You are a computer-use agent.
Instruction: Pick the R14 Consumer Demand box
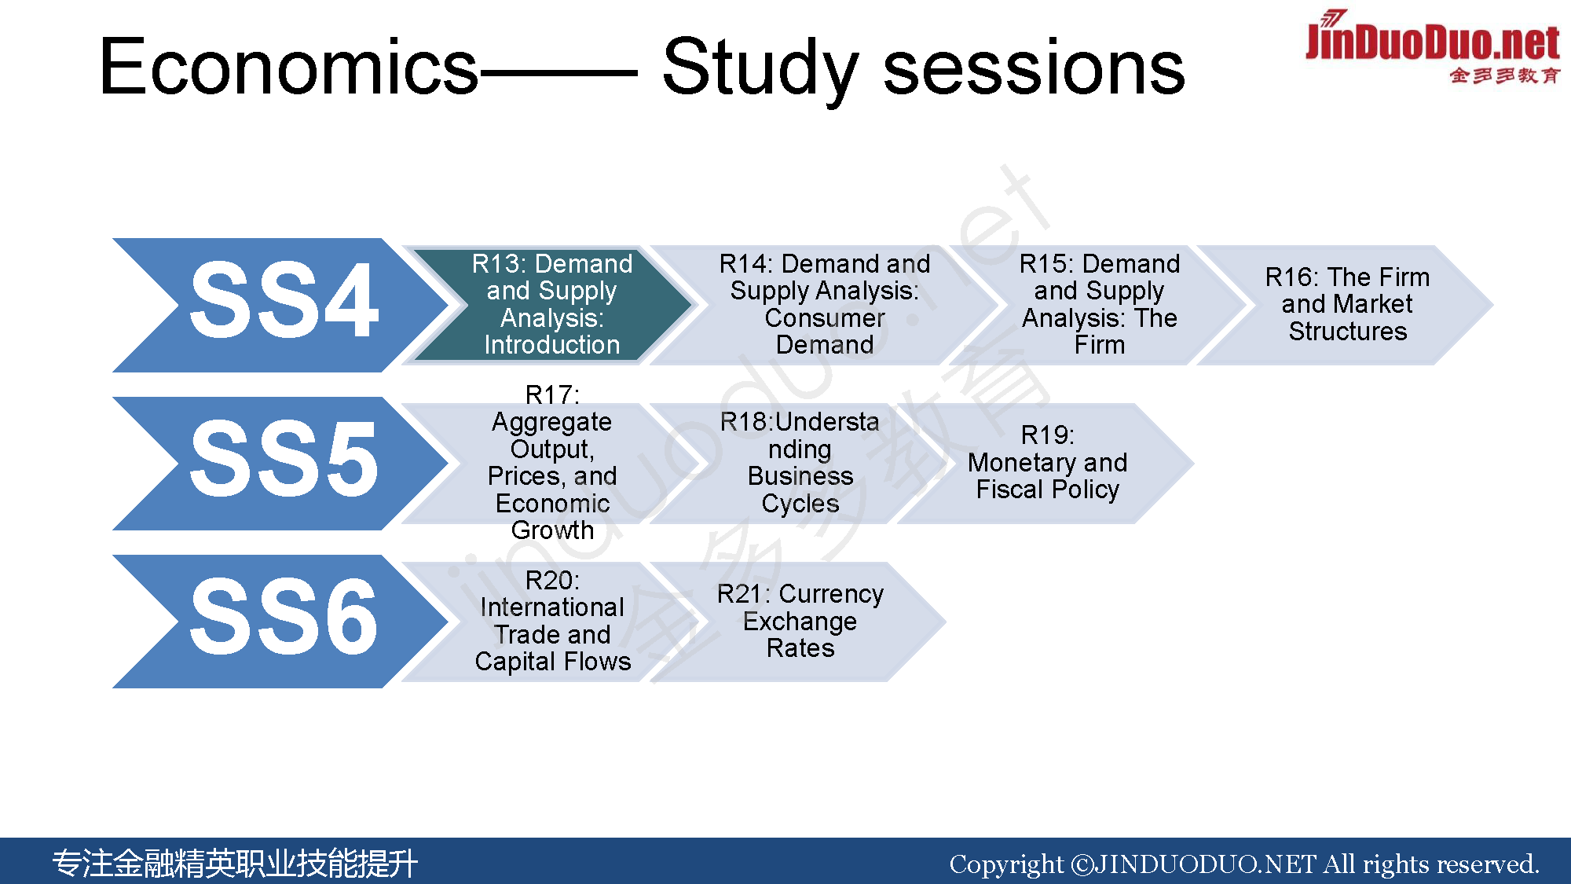(x=825, y=305)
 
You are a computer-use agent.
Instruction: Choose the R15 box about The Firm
(x=1100, y=305)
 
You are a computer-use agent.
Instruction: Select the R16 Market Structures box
(x=1347, y=305)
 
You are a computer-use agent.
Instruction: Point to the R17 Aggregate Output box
(x=552, y=464)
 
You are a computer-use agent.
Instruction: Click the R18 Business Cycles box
(x=800, y=464)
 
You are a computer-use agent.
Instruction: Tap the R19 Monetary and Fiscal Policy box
(x=1048, y=464)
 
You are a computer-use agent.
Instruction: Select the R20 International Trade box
(x=552, y=622)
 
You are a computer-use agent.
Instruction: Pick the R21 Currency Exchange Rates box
(x=800, y=622)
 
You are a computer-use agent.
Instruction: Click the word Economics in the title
(x=288, y=68)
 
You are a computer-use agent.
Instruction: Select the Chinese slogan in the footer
(x=235, y=863)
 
